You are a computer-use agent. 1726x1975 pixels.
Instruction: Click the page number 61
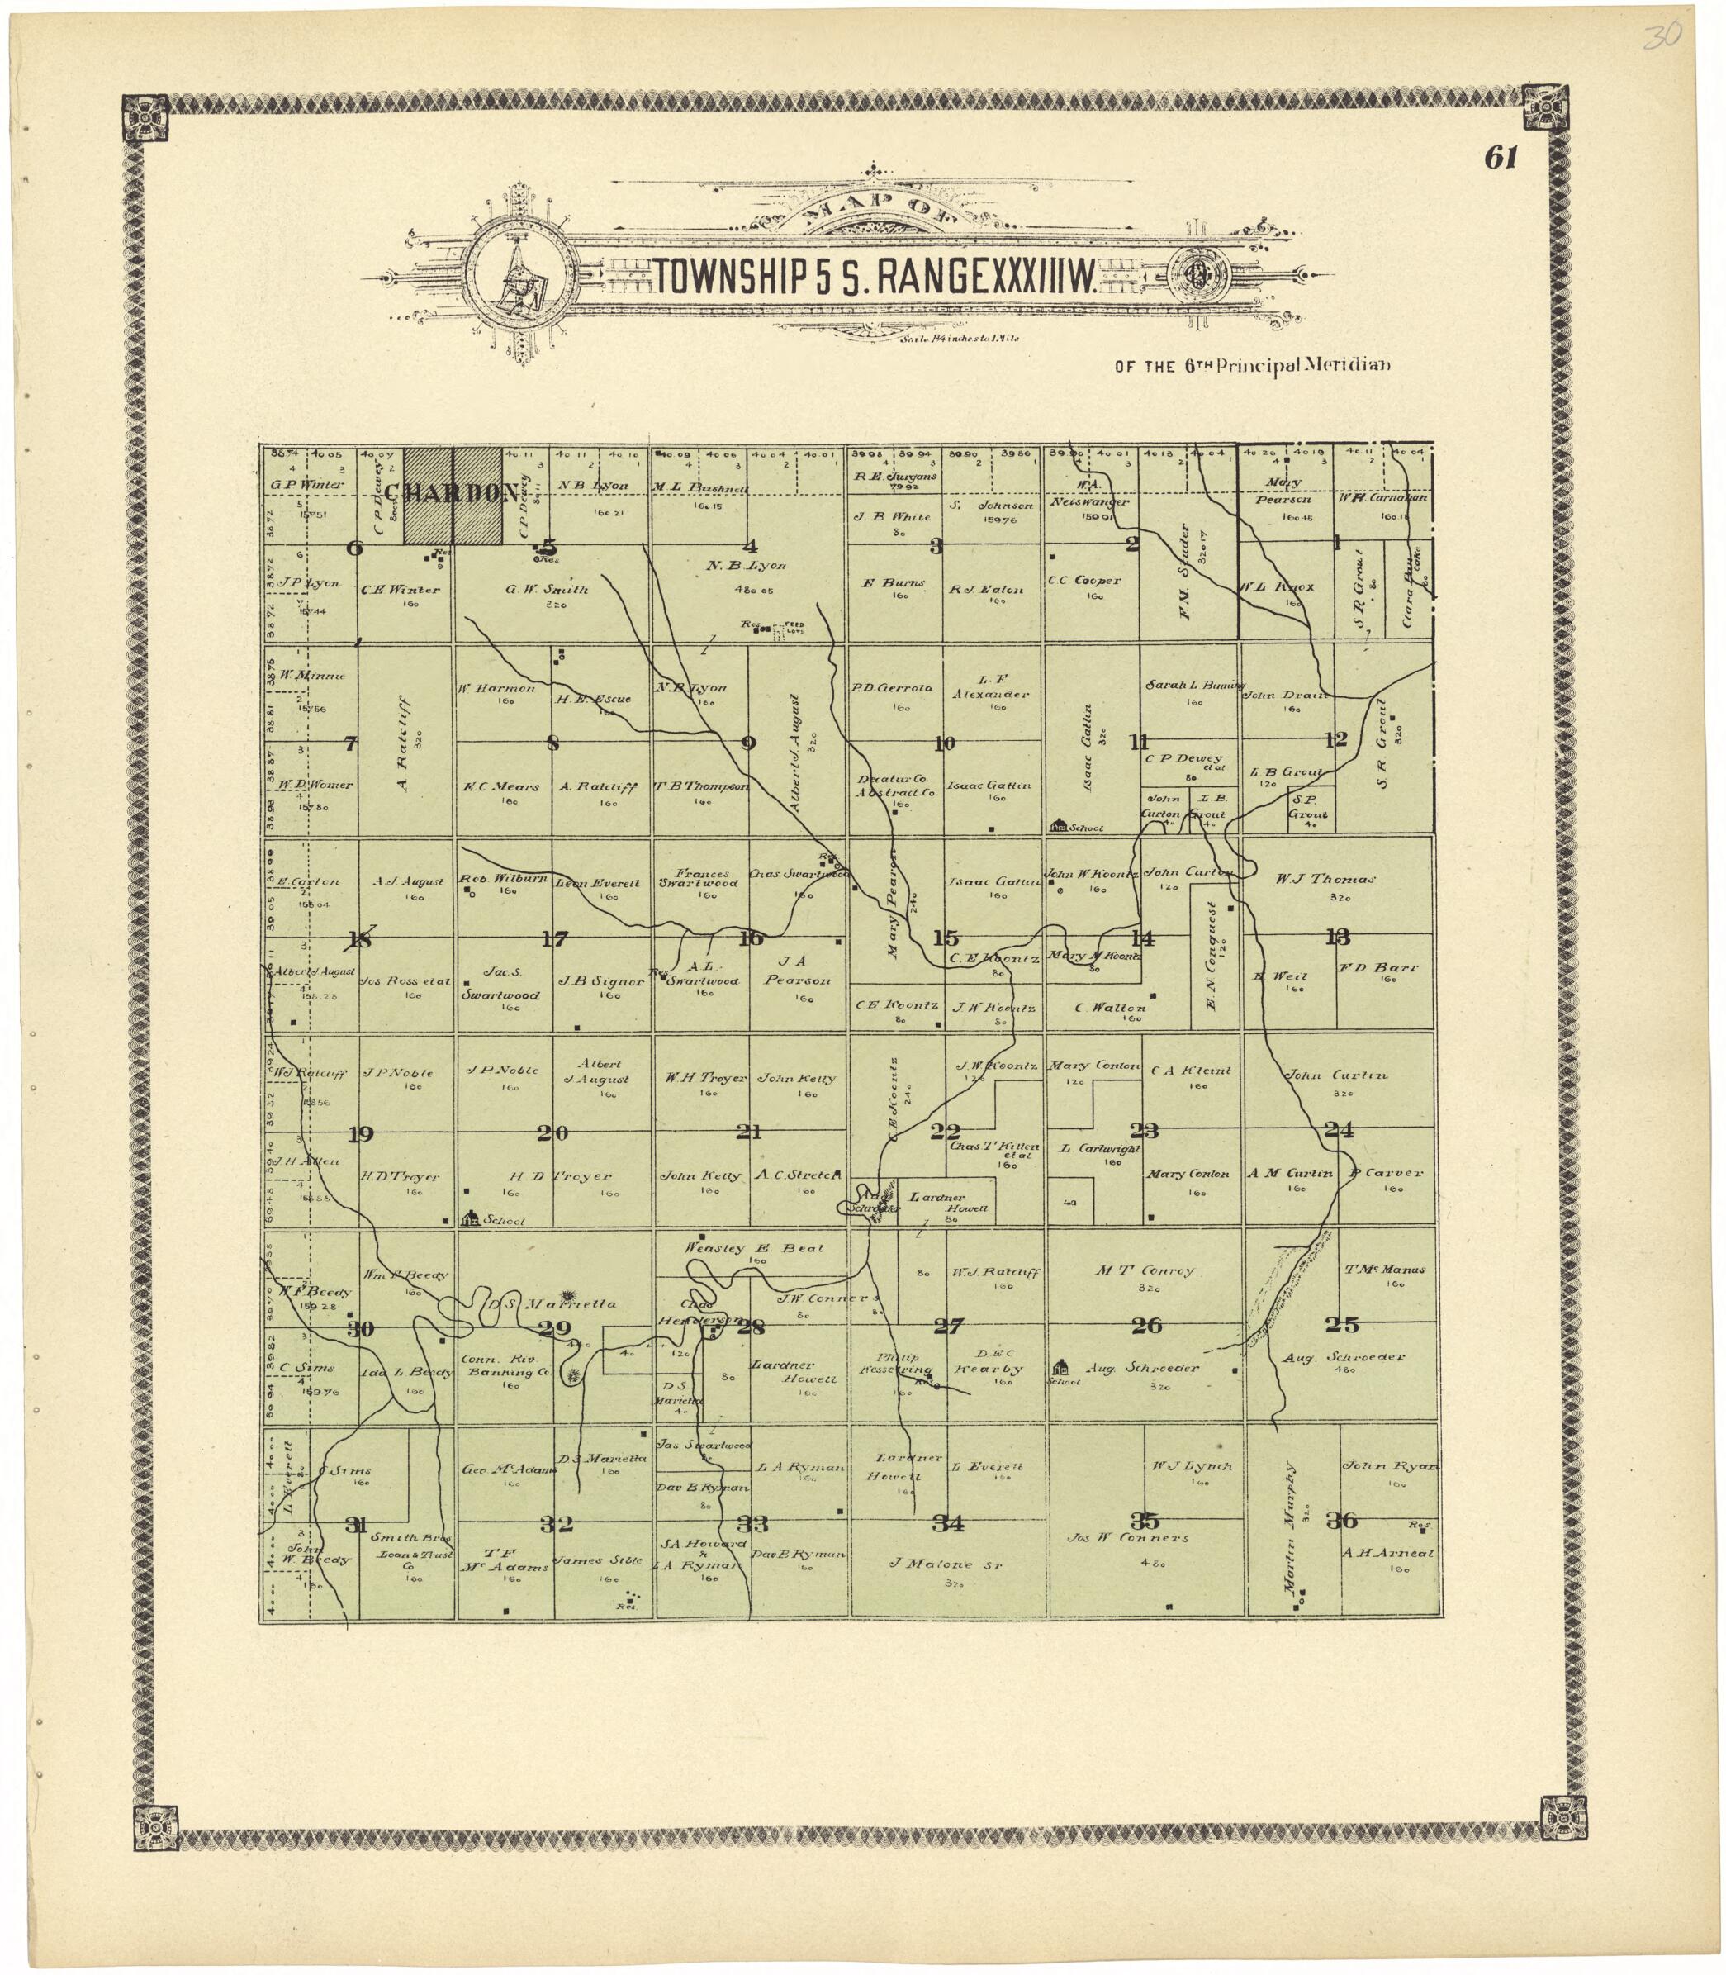(1501, 159)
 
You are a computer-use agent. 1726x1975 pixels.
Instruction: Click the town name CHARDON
(452, 493)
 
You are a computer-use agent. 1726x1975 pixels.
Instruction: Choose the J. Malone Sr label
(950, 1564)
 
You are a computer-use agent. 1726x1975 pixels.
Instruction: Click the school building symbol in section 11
(1059, 826)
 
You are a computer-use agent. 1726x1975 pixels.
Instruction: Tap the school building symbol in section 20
(471, 1218)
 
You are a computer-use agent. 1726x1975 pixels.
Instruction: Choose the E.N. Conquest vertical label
(1212, 956)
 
